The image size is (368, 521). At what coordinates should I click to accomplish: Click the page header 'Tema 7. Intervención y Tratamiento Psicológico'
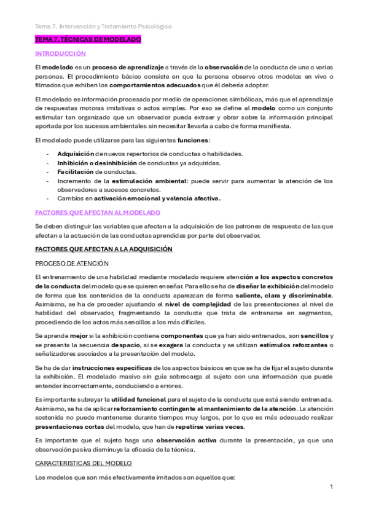[103, 26]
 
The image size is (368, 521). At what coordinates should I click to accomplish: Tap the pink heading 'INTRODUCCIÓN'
[60, 54]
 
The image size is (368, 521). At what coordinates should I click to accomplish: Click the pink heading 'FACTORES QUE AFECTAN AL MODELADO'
[97, 212]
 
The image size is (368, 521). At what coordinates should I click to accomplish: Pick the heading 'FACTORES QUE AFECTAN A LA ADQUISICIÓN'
[103, 249]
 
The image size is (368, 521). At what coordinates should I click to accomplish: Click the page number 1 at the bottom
[331, 487]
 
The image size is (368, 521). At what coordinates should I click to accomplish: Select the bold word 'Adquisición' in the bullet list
[76, 154]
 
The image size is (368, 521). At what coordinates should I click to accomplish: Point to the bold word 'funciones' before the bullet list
[192, 141]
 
